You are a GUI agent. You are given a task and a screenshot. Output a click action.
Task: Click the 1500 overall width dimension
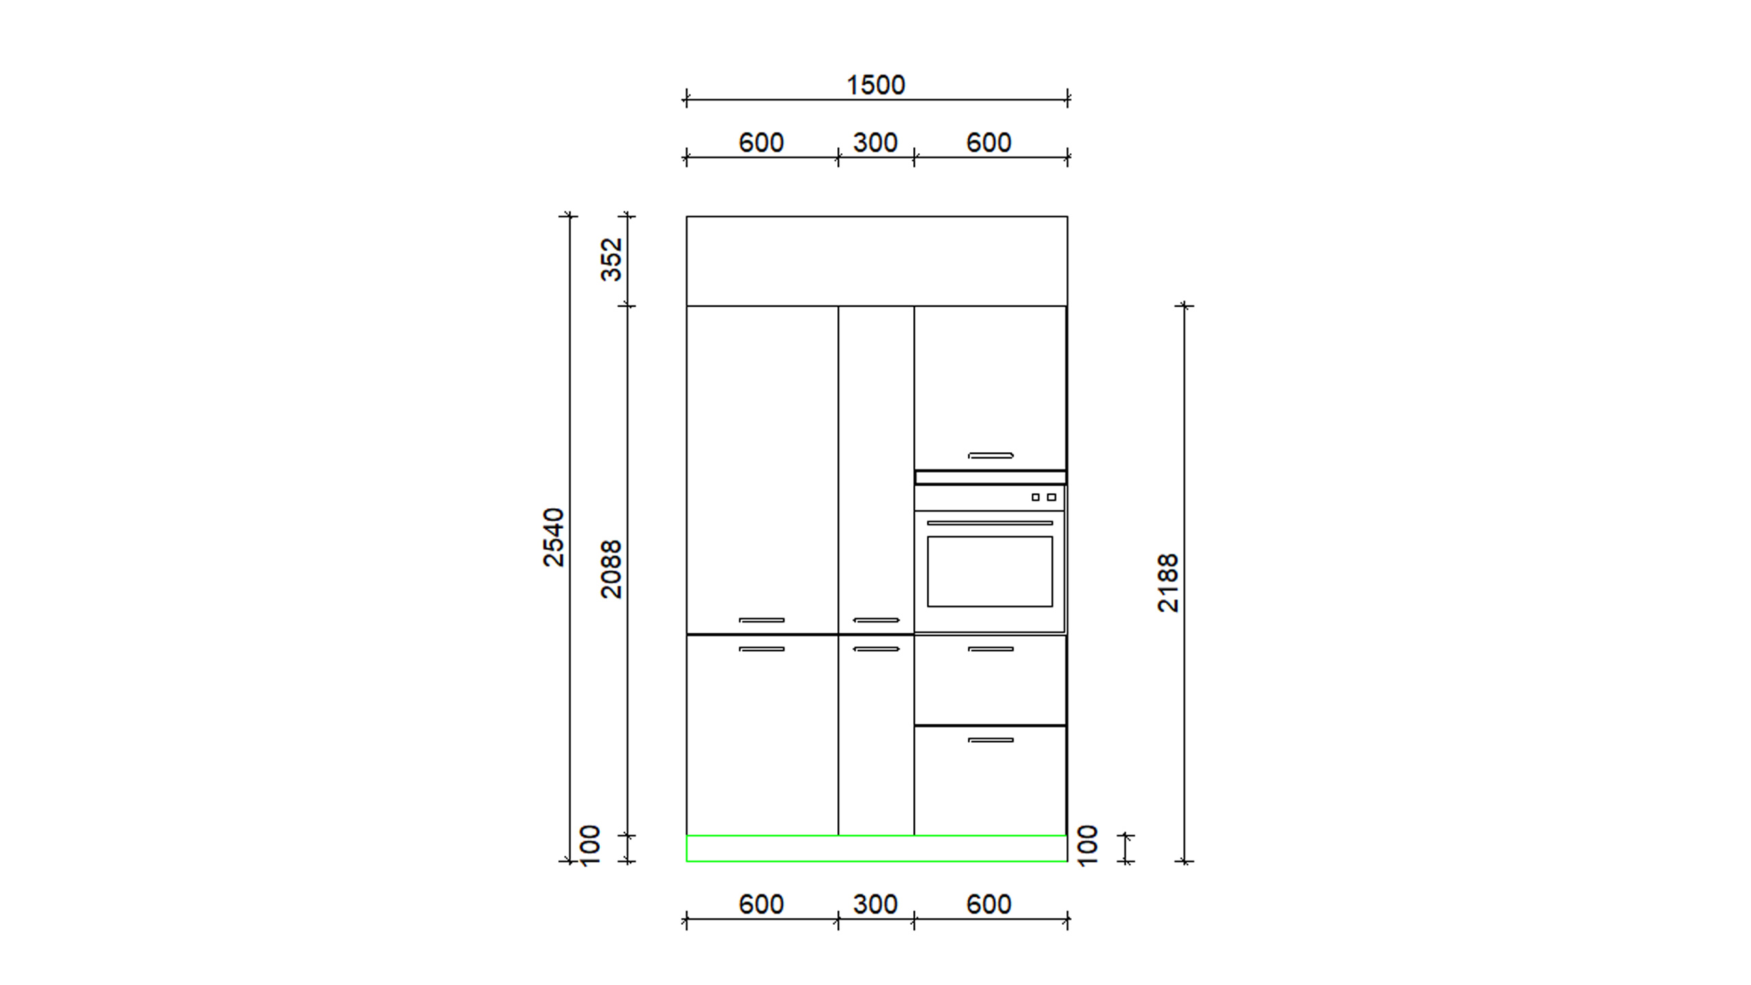tap(875, 86)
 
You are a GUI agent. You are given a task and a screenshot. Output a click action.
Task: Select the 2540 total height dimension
tap(553, 538)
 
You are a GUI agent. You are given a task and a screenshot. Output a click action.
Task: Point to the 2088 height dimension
tap(611, 570)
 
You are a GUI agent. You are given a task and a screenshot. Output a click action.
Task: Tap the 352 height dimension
tap(611, 259)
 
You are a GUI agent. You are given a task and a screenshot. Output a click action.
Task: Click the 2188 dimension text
tap(1168, 583)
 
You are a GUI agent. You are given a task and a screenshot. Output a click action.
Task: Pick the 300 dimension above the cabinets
tap(875, 143)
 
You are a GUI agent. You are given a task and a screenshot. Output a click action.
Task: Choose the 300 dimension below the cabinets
tap(875, 905)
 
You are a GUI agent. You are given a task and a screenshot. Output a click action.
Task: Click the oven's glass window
tap(990, 572)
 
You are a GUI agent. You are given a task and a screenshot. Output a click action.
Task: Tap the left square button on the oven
tap(1036, 497)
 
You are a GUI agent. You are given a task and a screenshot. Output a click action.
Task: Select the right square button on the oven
tap(1051, 497)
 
